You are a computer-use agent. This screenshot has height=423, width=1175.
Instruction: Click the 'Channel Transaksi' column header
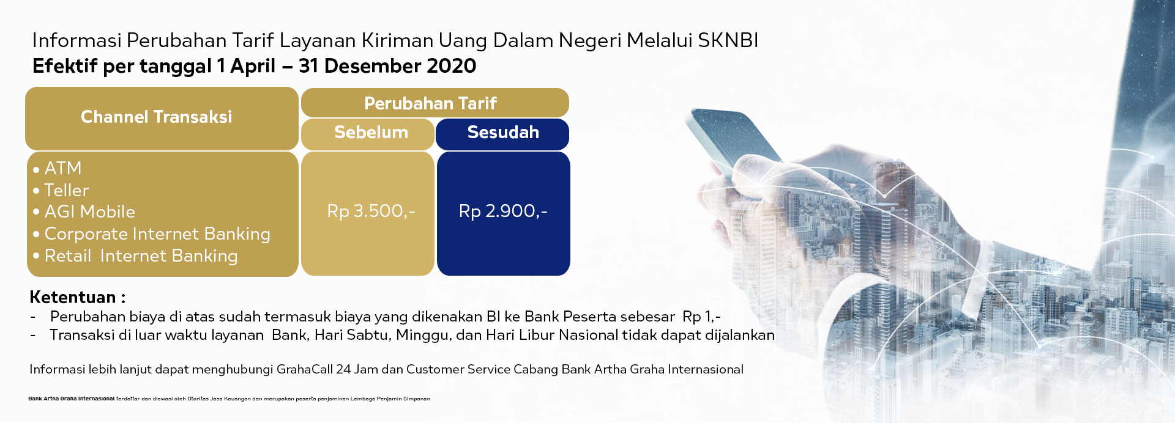pos(157,117)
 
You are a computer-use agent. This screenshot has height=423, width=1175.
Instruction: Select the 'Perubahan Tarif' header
pos(430,103)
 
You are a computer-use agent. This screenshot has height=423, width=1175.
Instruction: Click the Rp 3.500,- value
pos(371,211)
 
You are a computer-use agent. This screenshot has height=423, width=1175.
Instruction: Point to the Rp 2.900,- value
pos(503,211)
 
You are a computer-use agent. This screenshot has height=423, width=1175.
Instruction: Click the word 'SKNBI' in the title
pos(728,40)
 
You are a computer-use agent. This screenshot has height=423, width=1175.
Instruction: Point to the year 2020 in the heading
pos(452,66)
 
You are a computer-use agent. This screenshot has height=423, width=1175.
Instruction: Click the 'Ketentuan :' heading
pos(78,297)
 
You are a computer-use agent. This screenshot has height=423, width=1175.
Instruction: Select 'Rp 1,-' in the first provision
pos(701,317)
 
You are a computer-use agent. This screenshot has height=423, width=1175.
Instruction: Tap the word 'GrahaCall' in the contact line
pos(304,369)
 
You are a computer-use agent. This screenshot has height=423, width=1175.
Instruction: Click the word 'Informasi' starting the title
pos(76,40)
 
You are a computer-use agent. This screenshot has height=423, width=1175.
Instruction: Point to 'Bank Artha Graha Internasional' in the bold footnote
pos(71,399)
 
